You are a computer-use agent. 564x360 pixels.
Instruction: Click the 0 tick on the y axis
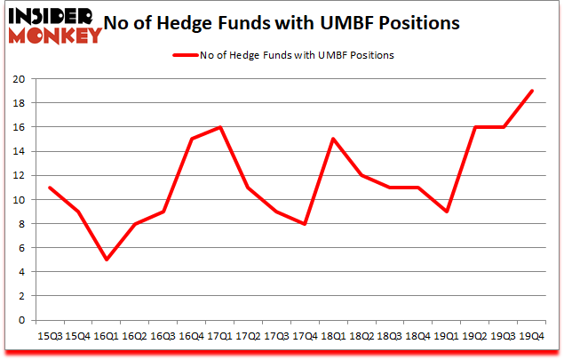coord(20,320)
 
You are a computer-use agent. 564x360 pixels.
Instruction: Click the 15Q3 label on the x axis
coord(49,335)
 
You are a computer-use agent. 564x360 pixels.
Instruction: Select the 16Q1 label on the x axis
coord(107,335)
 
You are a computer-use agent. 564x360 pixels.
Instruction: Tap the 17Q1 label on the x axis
coord(218,335)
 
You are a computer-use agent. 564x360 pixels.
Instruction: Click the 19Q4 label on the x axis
coord(530,335)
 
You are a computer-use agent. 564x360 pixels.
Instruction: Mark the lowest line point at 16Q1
coord(107,260)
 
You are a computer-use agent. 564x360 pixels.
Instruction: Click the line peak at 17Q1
coord(218,127)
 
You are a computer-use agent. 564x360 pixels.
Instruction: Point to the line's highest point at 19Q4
coord(531,91)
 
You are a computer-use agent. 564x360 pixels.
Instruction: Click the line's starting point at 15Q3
coord(49,188)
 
